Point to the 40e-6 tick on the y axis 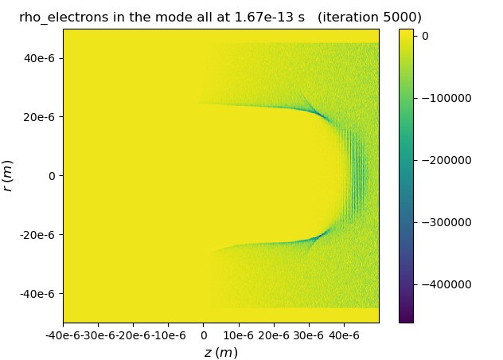point(43,57)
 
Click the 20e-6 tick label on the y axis point(43,116)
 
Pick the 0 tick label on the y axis point(53,175)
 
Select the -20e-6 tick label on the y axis point(41,235)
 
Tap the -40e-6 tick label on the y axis point(41,294)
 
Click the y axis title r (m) point(8,175)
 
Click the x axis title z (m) point(220,353)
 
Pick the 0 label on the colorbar point(425,36)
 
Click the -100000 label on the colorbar point(446,98)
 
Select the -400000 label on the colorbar point(446,284)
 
